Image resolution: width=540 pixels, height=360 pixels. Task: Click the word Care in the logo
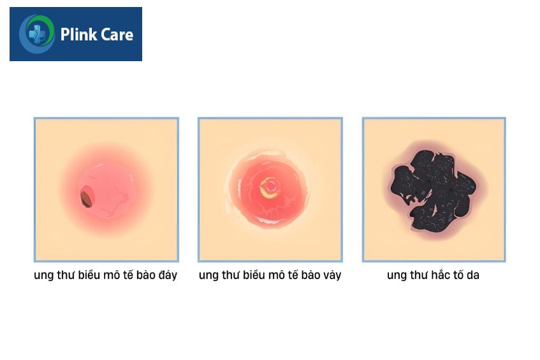pyautogui.click(x=115, y=35)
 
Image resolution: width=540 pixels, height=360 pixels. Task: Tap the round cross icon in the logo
pyautogui.click(x=37, y=34)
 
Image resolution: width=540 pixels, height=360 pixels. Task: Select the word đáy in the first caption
pyautogui.click(x=168, y=275)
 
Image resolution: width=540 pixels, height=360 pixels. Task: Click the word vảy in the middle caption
pyautogui.click(x=332, y=275)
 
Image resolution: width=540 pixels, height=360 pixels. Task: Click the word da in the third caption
pyautogui.click(x=473, y=275)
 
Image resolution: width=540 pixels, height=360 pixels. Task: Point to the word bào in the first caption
pyautogui.click(x=145, y=275)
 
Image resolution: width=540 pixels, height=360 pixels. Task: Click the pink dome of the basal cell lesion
pyautogui.click(x=106, y=191)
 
